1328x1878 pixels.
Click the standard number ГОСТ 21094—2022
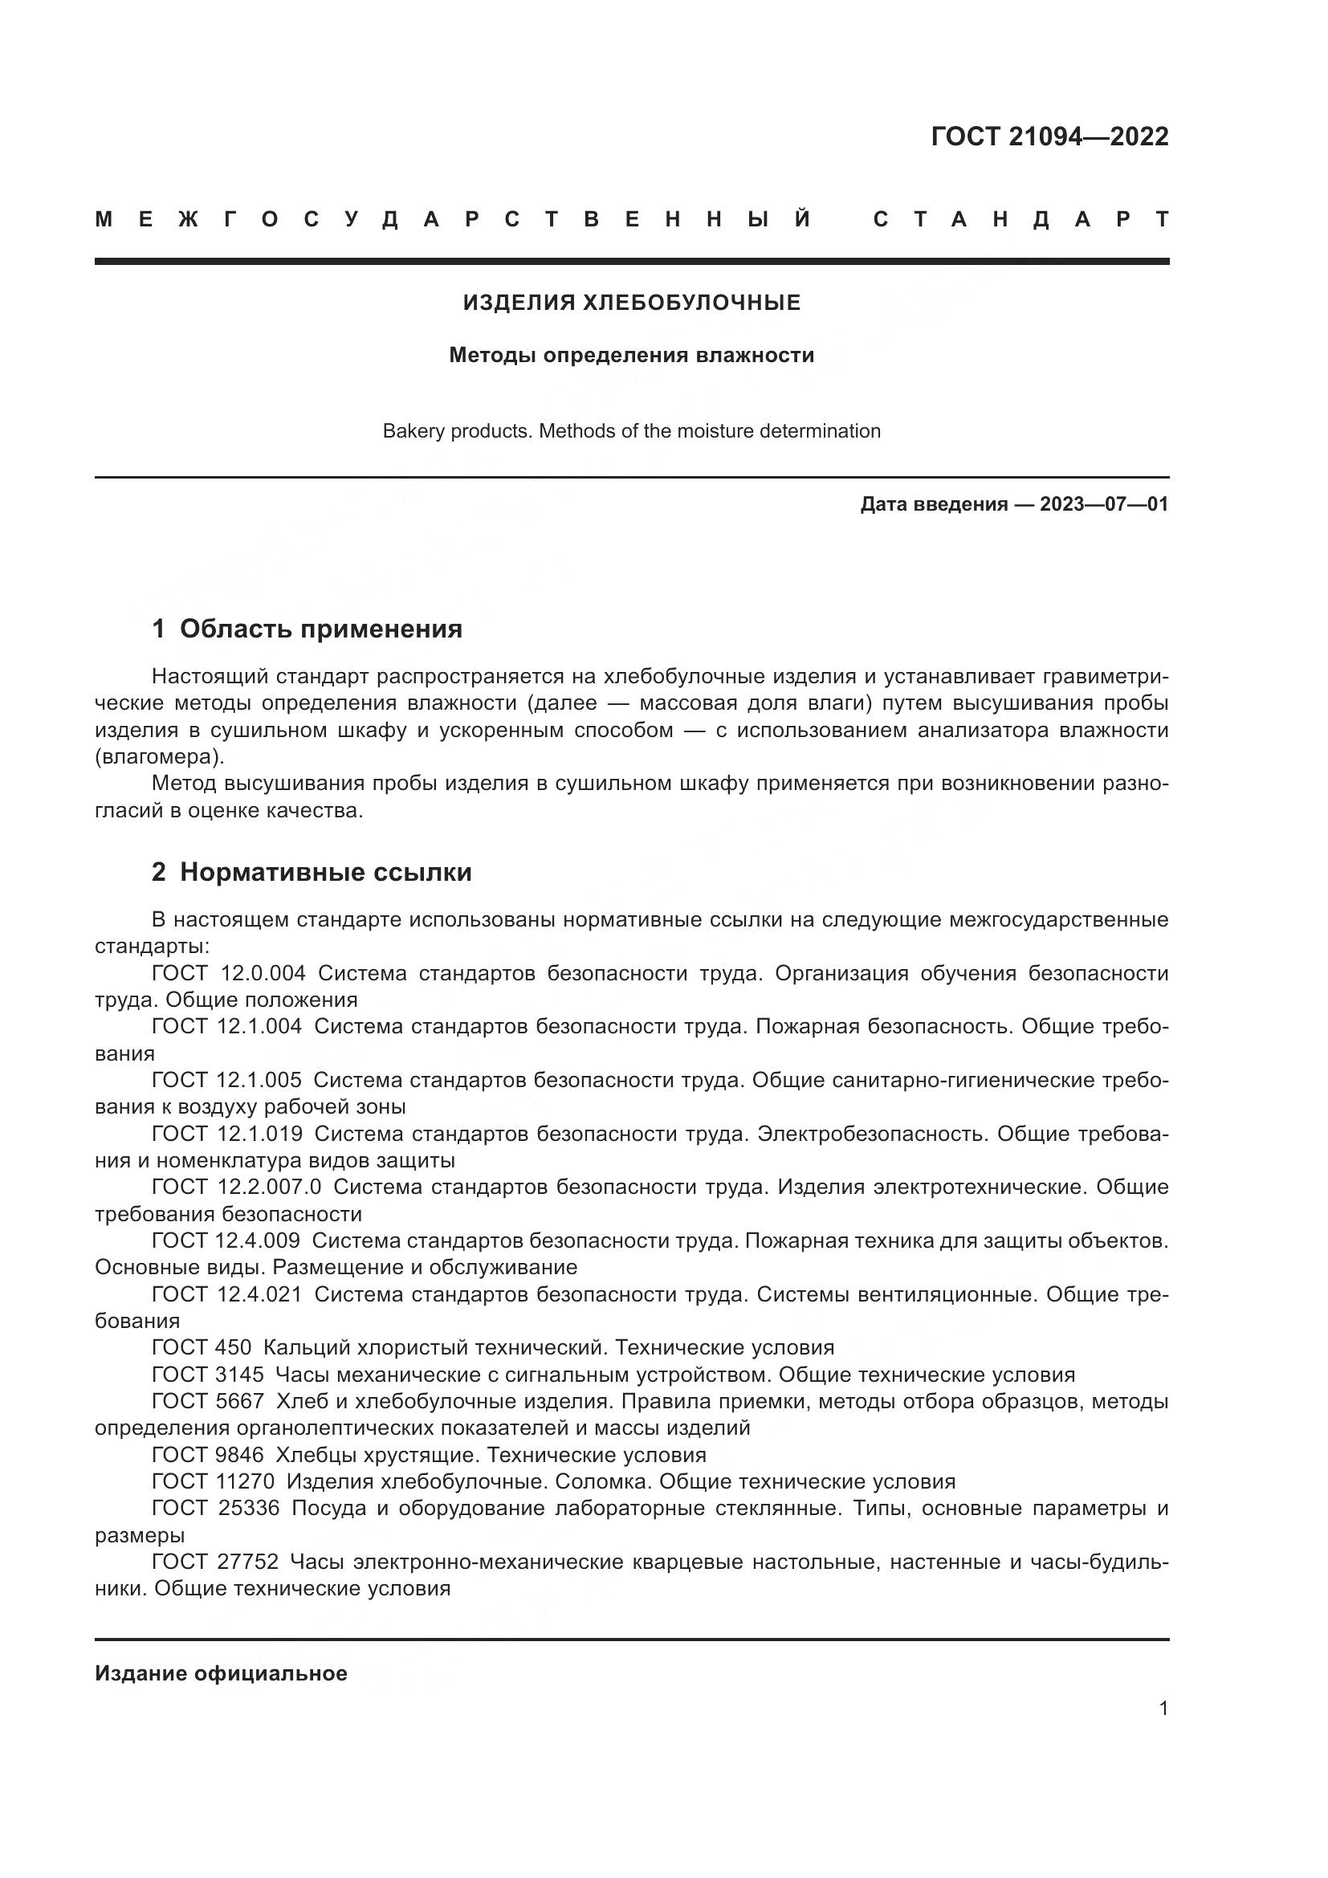click(1049, 136)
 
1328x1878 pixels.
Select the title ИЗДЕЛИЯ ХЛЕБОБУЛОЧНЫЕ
click(631, 303)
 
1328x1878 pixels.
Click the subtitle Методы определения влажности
click(631, 355)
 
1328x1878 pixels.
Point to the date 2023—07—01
click(1104, 504)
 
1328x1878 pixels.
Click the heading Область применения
click(320, 629)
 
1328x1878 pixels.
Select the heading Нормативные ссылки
click(325, 873)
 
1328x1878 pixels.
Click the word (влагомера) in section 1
click(159, 756)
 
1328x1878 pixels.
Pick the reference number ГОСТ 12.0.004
click(229, 973)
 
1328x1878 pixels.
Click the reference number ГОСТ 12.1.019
click(227, 1134)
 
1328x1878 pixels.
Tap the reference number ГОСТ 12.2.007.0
click(237, 1187)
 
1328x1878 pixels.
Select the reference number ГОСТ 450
click(202, 1347)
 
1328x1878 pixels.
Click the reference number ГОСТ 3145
click(208, 1374)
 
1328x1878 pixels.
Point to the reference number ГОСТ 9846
click(208, 1454)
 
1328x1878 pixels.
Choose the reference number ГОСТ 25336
click(216, 1508)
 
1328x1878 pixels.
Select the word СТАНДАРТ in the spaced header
click(1021, 220)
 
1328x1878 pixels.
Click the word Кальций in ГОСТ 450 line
click(299, 1347)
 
